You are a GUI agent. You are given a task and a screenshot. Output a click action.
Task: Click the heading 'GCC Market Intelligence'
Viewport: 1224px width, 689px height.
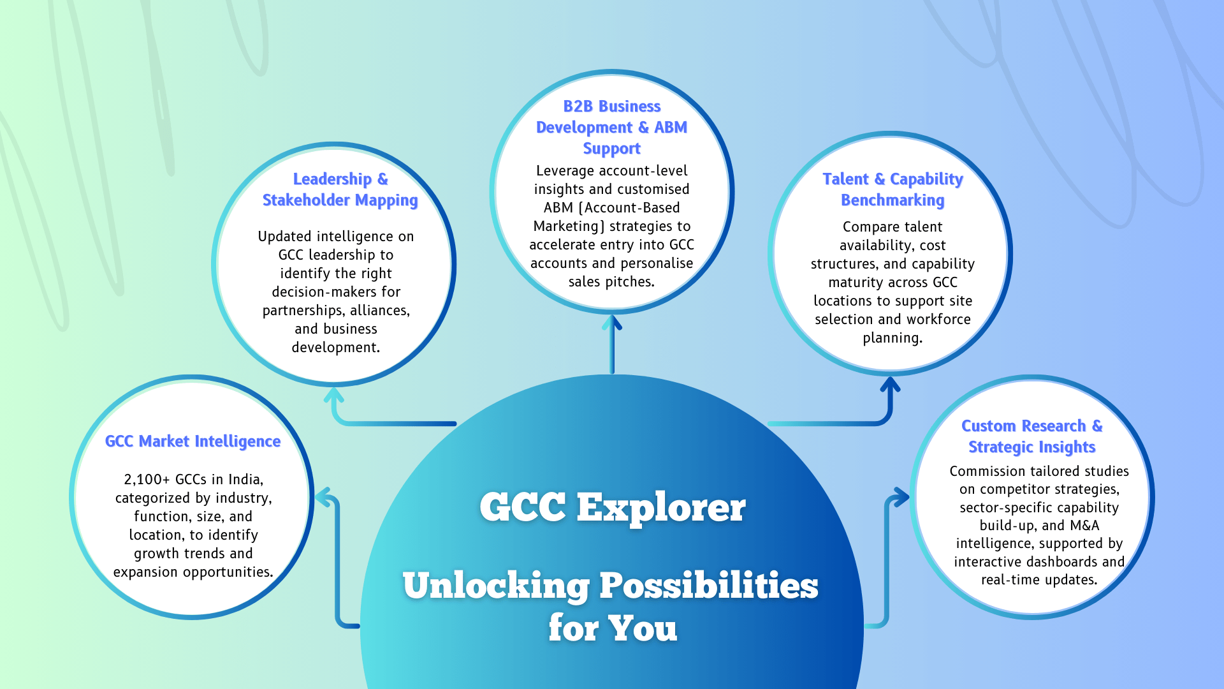(193, 441)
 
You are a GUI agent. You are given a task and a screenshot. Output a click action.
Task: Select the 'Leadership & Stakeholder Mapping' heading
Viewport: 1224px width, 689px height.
(340, 189)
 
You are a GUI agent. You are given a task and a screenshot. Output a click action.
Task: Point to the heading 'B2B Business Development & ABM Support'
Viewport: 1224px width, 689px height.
(612, 128)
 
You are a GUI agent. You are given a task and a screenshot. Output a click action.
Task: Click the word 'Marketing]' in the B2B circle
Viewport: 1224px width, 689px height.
(564, 226)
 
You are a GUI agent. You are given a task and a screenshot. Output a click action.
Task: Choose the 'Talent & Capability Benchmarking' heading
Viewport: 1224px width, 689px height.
(892, 189)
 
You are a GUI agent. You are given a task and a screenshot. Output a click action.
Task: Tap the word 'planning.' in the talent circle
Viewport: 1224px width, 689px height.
(892, 338)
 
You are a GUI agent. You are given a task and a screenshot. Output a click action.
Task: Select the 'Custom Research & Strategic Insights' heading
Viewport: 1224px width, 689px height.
(1032, 436)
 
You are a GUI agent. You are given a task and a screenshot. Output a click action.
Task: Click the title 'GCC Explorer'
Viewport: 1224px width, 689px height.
(613, 507)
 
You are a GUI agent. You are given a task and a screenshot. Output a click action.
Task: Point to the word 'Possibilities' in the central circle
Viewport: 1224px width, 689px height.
(709, 586)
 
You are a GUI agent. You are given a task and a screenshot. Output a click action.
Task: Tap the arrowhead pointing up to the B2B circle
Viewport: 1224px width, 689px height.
(612, 322)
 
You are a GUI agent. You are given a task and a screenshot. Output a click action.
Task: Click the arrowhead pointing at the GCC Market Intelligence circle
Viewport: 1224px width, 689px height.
(324, 497)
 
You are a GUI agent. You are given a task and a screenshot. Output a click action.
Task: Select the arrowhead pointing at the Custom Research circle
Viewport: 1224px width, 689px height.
(901, 497)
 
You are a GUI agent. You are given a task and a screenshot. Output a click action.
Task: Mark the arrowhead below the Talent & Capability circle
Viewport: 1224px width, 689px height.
(890, 384)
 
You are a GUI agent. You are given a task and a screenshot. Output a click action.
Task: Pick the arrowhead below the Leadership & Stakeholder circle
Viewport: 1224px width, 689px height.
(334, 394)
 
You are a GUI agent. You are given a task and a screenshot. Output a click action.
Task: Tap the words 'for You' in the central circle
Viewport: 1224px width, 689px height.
(613, 628)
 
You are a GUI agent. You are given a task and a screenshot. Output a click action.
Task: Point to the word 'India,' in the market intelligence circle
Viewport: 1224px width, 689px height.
(245, 480)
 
